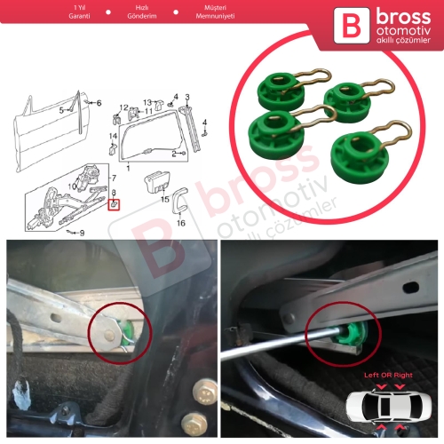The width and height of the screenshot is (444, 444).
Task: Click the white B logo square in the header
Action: pyautogui.click(x=352, y=26)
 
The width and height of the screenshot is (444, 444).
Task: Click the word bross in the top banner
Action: pyautogui.click(x=403, y=17)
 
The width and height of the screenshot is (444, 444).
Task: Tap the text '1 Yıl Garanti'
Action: pyautogui.click(x=79, y=12)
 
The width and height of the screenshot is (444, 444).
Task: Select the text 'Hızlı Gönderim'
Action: pyautogui.click(x=142, y=12)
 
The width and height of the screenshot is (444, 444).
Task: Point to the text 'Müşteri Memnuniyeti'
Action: pyautogui.click(x=215, y=12)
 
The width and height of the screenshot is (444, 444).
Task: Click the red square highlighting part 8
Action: pyautogui.click(x=114, y=205)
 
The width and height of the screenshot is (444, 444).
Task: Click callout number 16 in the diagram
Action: pyautogui.click(x=181, y=223)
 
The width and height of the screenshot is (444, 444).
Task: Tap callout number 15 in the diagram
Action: pyautogui.click(x=165, y=199)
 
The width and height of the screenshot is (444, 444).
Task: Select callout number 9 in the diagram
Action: pyautogui.click(x=82, y=234)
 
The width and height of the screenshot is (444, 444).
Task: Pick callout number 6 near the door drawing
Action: pyautogui.click(x=99, y=103)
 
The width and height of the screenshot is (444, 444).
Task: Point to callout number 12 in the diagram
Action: pyautogui.click(x=123, y=107)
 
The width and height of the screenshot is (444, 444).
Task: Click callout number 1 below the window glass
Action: pyautogui.click(x=128, y=168)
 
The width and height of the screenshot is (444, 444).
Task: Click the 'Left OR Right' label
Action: pyautogui.click(x=388, y=375)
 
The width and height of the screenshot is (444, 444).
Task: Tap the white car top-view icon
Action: pyautogui.click(x=389, y=407)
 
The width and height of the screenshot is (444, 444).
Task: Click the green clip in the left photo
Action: pyautogui.click(x=127, y=333)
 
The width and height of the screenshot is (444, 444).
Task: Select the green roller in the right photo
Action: pyautogui.click(x=353, y=335)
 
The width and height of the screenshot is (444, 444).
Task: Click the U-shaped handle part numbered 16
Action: pyautogui.click(x=179, y=200)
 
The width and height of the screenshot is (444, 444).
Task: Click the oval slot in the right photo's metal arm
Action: pyautogui.click(x=410, y=287)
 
